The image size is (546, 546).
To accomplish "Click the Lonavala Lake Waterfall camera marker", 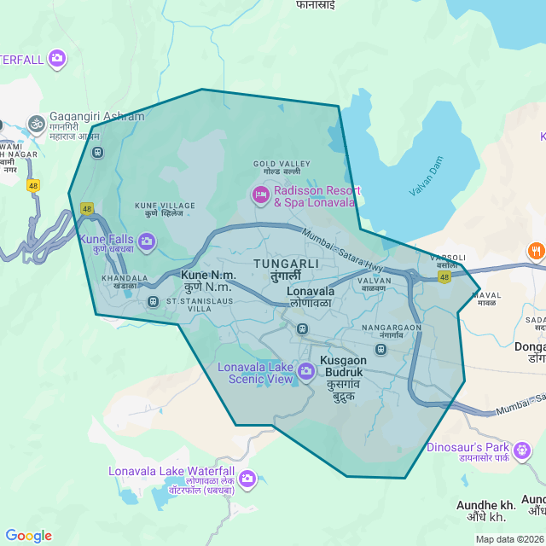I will pyautogui.click(x=247, y=478).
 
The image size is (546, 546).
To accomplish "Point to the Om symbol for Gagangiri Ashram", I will pyautogui.click(x=36, y=124).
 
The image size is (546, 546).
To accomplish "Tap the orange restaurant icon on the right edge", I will pyautogui.click(x=536, y=252).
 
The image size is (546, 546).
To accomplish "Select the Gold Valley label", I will pyautogui.click(x=282, y=167).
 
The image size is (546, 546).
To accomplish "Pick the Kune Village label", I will pyautogui.click(x=165, y=209).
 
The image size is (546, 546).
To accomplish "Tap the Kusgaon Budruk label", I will pyautogui.click(x=342, y=373).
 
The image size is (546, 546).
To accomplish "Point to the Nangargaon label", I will pyautogui.click(x=392, y=331).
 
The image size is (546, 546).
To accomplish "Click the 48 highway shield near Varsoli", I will pyautogui.click(x=444, y=277).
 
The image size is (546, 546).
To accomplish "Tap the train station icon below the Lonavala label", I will pyautogui.click(x=301, y=328).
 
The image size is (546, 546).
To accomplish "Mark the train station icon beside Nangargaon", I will pyautogui.click(x=380, y=349).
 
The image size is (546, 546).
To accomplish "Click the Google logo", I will pyautogui.click(x=28, y=536).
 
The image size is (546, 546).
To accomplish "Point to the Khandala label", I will pyautogui.click(x=119, y=282).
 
